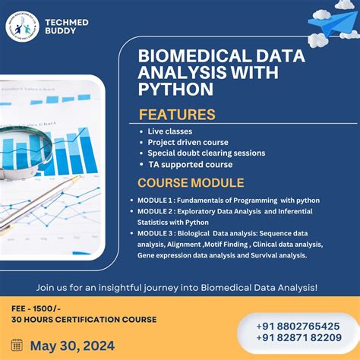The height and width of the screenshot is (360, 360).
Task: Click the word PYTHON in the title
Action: [175, 90]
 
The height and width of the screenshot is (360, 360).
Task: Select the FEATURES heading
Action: [177, 115]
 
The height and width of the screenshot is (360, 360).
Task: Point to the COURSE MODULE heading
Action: [190, 183]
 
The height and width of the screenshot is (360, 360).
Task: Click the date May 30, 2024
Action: [73, 346]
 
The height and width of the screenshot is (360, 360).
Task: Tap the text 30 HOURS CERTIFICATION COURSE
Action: [84, 319]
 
